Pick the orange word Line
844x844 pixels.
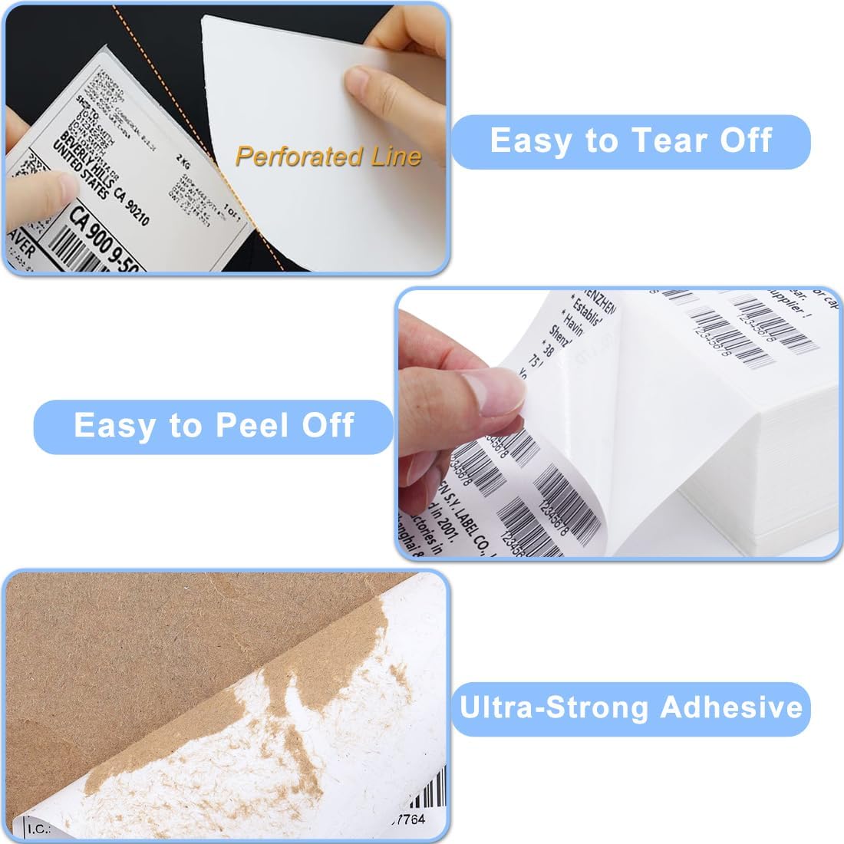[x=394, y=157]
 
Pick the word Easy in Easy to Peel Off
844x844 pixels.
[x=110, y=426]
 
